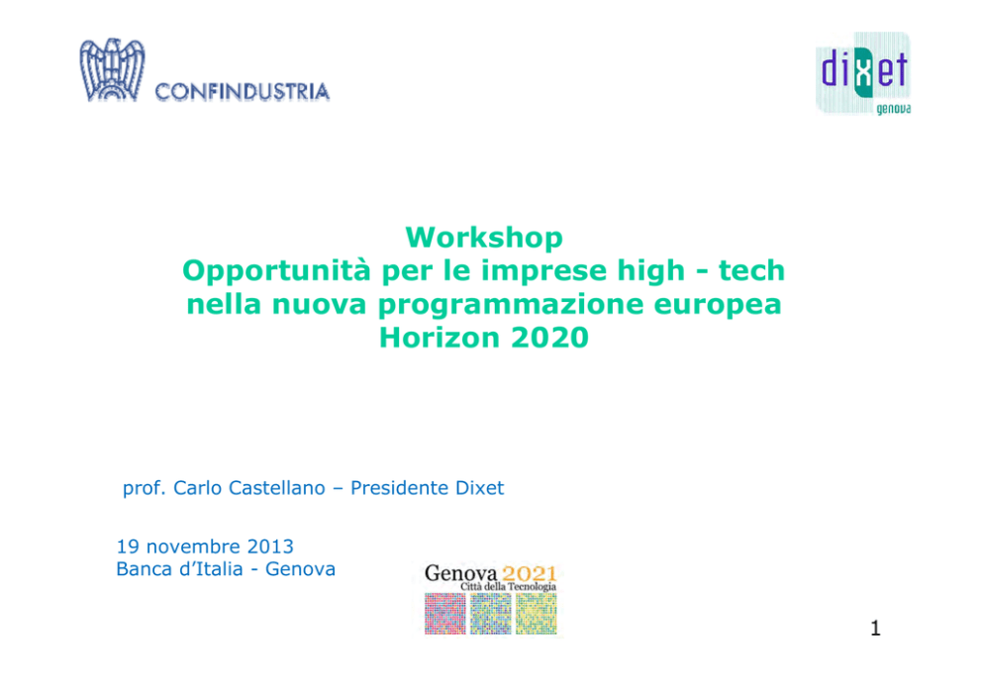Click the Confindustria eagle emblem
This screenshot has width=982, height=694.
tap(112, 69)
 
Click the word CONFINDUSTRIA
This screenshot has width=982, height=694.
tap(242, 91)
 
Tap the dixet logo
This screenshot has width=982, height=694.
tap(863, 73)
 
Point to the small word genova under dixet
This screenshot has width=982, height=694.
tap(893, 109)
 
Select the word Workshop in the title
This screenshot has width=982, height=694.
tap(484, 238)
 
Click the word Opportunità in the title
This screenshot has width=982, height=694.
tap(276, 271)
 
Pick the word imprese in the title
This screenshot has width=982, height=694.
tap(544, 270)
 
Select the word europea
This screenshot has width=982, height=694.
tap(718, 305)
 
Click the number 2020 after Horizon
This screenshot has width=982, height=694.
tap(549, 337)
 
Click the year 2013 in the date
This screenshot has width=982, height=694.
tap(270, 546)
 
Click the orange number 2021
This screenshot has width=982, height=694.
tap(530, 573)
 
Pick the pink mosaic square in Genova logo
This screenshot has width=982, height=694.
tap(445, 614)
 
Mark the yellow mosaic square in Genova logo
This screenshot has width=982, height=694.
tap(537, 614)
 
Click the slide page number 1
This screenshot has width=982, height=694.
tap(875, 628)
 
